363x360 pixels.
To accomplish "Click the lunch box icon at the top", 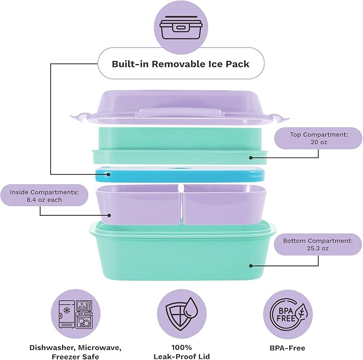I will coord(181,27).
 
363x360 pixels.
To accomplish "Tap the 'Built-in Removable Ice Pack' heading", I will coord(181,64).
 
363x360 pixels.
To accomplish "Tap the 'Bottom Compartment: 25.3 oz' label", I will coord(319,245).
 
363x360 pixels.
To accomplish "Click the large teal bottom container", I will coord(181,256).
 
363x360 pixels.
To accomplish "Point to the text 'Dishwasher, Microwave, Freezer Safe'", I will coord(75,352).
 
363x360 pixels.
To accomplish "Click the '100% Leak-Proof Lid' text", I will coord(181,352).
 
